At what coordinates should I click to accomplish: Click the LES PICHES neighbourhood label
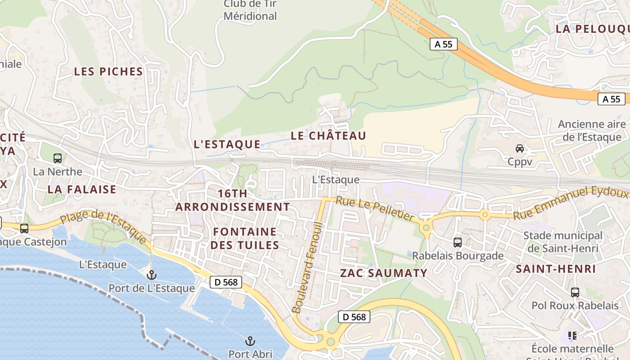[108, 72]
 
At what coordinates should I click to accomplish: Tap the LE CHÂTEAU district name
[328, 135]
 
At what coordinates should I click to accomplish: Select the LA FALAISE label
[82, 189]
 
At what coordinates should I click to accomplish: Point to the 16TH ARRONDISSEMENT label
[233, 200]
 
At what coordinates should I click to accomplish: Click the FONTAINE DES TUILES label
[245, 238]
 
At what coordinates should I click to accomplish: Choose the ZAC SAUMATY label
[383, 273]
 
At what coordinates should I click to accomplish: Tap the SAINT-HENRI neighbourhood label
[556, 269]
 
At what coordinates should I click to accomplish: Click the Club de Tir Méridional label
[250, 10]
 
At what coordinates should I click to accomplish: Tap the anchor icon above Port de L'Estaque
[152, 274]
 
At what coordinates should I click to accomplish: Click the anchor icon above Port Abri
[250, 341]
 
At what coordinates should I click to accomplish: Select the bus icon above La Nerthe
[58, 158]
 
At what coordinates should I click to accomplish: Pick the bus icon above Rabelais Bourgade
[458, 243]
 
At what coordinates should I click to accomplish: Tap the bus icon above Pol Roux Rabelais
[575, 292]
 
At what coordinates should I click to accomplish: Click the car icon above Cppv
[520, 148]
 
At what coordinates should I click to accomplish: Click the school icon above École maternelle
[572, 336]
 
